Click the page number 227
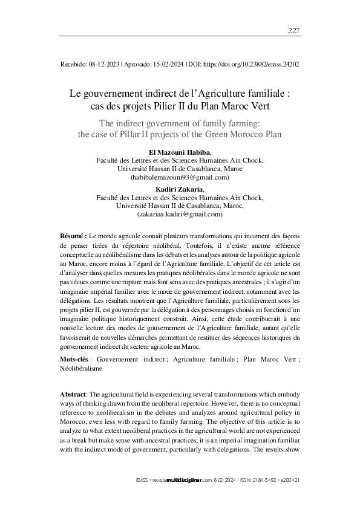(293, 31)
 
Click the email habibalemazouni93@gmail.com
(180, 178)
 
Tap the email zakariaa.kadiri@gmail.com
(180, 214)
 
